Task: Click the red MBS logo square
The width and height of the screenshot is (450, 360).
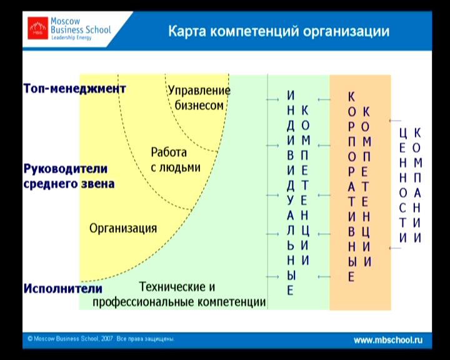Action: (37, 28)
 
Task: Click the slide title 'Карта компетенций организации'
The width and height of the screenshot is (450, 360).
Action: (279, 31)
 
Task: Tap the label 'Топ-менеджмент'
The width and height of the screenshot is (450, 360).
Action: (74, 88)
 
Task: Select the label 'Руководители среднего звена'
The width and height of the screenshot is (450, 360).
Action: (69, 176)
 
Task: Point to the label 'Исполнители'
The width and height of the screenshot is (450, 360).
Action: (63, 289)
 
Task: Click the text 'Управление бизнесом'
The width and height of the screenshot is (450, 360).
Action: (199, 98)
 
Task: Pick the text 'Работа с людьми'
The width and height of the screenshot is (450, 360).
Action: (176, 160)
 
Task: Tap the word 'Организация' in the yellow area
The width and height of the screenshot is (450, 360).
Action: (123, 229)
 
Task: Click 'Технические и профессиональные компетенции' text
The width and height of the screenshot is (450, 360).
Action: (179, 294)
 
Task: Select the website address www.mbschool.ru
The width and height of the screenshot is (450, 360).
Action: (388, 340)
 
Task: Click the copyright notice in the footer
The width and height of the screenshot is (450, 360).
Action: (101, 339)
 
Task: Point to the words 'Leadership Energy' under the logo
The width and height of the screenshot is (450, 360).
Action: (71, 37)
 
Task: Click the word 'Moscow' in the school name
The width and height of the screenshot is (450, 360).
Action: (66, 21)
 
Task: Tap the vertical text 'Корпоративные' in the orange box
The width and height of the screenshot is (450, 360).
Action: (351, 187)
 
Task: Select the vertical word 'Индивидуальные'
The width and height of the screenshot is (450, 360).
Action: (291, 192)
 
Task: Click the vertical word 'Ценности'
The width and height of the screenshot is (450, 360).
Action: (403, 185)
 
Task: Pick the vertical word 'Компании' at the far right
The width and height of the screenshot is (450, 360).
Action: (417, 185)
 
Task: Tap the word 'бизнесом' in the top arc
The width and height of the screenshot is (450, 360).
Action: (199, 106)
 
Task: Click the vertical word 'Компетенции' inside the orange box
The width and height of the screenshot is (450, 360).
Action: (366, 187)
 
